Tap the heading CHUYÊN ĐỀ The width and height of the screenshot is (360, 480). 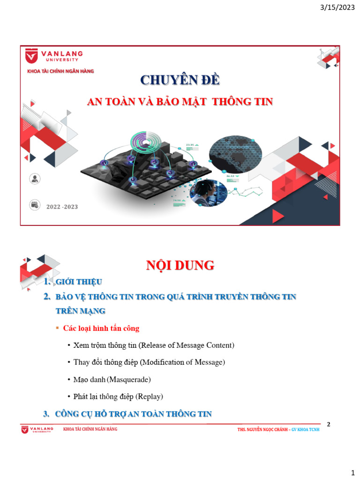click(x=180, y=80)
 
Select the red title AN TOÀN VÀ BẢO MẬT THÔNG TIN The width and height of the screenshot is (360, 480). click(x=180, y=102)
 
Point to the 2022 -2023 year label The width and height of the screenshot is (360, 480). click(x=62, y=206)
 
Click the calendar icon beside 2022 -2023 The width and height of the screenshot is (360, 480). click(x=34, y=204)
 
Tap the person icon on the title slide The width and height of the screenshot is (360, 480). click(x=34, y=179)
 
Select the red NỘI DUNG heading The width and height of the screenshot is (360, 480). click(x=180, y=266)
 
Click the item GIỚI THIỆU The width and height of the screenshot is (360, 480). click(x=78, y=282)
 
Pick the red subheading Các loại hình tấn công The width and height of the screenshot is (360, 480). click(x=101, y=329)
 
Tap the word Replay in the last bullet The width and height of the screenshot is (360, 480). click(x=149, y=397)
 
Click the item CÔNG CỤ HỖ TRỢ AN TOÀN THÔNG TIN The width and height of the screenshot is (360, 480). click(x=133, y=414)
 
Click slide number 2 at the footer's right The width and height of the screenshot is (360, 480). click(x=329, y=425)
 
